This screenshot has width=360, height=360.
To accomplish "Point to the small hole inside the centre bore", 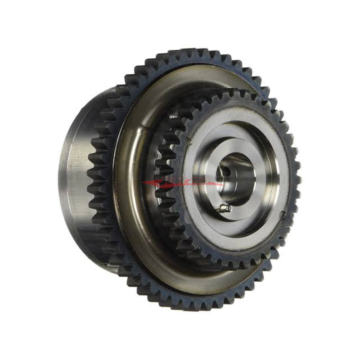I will pyautogui.click(x=224, y=171).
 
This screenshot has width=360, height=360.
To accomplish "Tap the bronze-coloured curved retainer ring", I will pyautogui.click(x=124, y=189).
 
